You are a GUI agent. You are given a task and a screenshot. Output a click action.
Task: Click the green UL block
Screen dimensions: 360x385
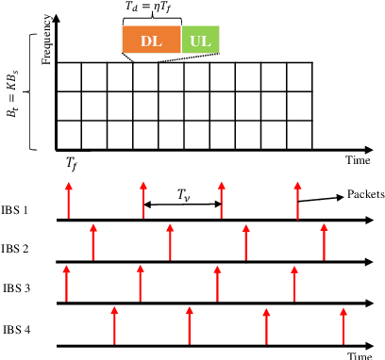pyautogui.click(x=200, y=40)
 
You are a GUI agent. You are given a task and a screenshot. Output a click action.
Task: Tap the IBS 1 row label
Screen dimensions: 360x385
pyautogui.click(x=19, y=208)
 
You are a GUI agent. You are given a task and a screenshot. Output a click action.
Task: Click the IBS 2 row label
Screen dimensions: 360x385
pyautogui.click(x=19, y=249)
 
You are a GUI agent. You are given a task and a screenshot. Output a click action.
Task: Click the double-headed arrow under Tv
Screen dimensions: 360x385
pyautogui.click(x=182, y=205)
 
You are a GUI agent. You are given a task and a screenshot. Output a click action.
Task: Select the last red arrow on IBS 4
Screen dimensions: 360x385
pyautogui.click(x=343, y=325)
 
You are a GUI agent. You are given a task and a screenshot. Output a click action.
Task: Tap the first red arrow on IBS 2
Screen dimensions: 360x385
pyautogui.click(x=92, y=243)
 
